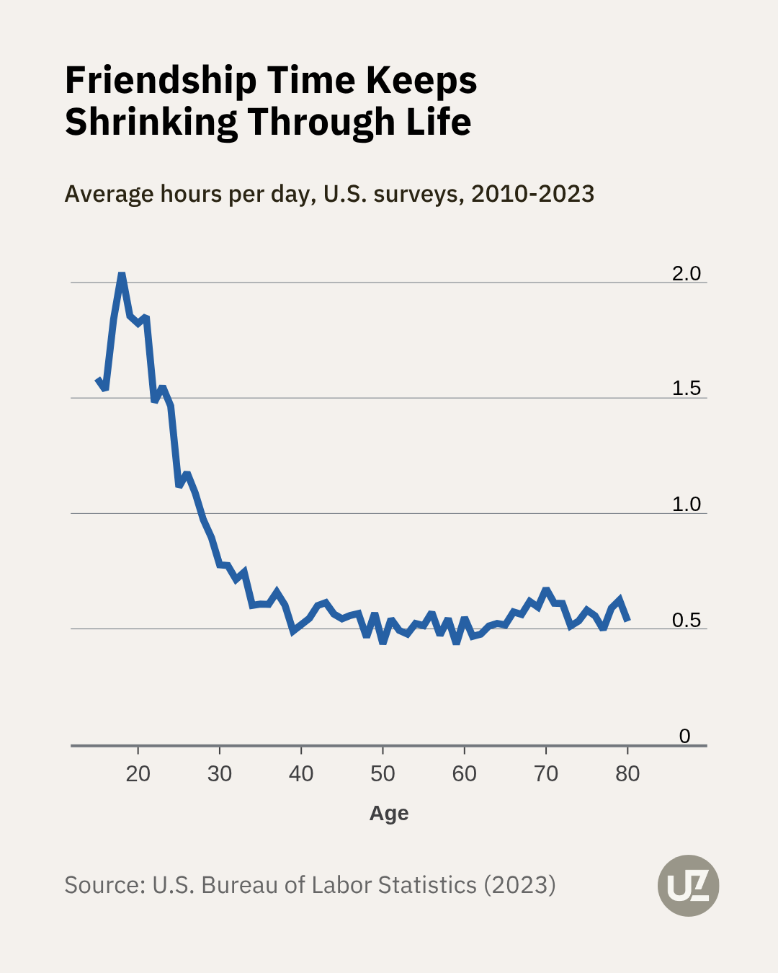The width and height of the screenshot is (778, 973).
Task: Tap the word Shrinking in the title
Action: (x=151, y=123)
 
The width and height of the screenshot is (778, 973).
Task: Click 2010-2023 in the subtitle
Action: (x=532, y=194)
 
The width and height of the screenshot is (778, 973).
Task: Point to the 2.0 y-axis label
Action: (x=686, y=273)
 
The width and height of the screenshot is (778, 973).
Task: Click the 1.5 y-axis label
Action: (x=686, y=388)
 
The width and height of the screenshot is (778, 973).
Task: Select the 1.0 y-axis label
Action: (x=686, y=504)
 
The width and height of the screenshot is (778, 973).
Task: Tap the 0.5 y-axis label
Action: (x=686, y=620)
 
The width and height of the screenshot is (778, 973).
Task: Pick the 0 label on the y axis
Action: (x=684, y=736)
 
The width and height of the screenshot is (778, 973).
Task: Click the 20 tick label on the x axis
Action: (x=138, y=774)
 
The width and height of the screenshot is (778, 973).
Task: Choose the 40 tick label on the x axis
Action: (x=301, y=774)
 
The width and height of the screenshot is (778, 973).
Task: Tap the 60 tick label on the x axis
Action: (x=464, y=774)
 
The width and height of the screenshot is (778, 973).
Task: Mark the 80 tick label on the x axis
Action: (x=627, y=774)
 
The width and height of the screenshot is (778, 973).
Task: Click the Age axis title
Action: (x=389, y=813)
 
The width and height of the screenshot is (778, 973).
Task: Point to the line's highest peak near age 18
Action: (x=122, y=275)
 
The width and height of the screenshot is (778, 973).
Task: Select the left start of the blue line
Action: (x=98, y=379)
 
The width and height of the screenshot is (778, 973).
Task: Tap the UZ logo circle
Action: (x=688, y=886)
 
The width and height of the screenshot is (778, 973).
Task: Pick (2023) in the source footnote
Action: (x=519, y=885)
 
